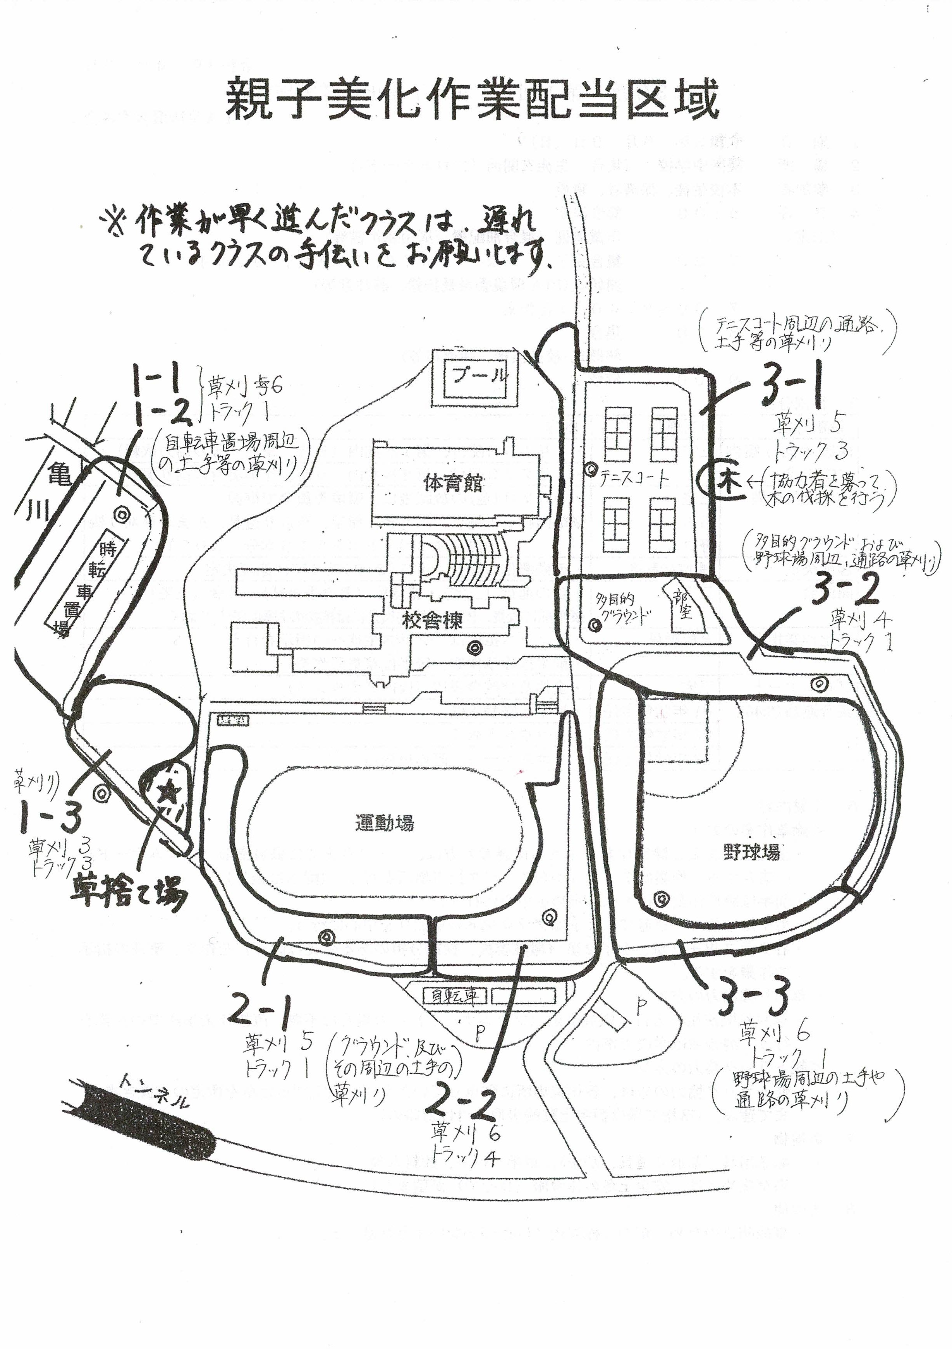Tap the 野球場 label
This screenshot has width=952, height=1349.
pyautogui.click(x=752, y=851)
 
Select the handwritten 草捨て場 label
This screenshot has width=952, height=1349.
pyautogui.click(x=129, y=894)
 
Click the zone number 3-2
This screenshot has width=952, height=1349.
pyautogui.click(x=845, y=592)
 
